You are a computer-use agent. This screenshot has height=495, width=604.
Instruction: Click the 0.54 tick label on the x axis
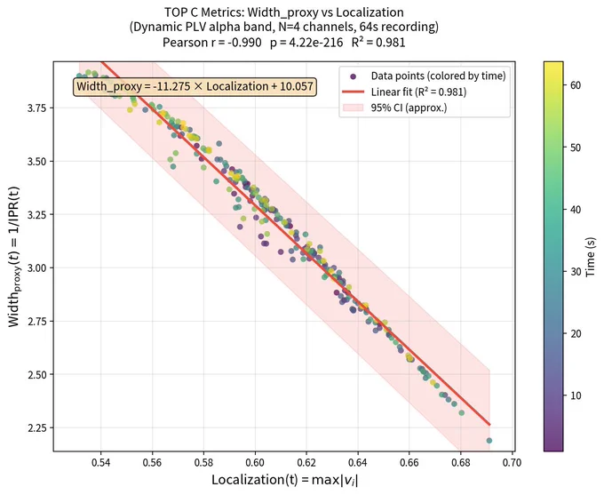(x=101, y=462)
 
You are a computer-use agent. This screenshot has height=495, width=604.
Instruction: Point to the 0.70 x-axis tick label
(x=512, y=462)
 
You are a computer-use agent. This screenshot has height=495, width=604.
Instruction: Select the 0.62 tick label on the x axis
(x=306, y=462)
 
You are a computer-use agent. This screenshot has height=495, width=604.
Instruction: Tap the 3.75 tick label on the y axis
(x=36, y=108)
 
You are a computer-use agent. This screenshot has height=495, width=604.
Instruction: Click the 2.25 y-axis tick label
(x=36, y=428)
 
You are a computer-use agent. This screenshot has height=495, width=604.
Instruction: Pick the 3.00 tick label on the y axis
(x=36, y=267)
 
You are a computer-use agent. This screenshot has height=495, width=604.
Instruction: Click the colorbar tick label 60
(x=576, y=85)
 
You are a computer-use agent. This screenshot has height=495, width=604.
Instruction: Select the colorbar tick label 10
(x=576, y=395)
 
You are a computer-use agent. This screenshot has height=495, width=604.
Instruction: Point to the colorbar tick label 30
(x=576, y=271)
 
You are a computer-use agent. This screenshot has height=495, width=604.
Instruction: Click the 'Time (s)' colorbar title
(x=591, y=257)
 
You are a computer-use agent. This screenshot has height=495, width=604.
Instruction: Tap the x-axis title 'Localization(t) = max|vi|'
(x=284, y=480)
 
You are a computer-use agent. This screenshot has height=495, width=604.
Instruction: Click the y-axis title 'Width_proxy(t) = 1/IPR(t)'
(x=14, y=257)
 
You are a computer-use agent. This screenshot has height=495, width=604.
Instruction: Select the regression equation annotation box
(x=195, y=86)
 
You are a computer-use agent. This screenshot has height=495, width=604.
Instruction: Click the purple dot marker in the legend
(x=353, y=76)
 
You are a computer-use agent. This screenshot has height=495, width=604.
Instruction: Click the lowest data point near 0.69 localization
(x=489, y=441)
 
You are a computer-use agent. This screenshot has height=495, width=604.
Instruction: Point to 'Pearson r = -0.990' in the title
(x=212, y=42)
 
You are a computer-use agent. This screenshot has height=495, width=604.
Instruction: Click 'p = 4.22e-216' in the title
(x=306, y=43)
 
